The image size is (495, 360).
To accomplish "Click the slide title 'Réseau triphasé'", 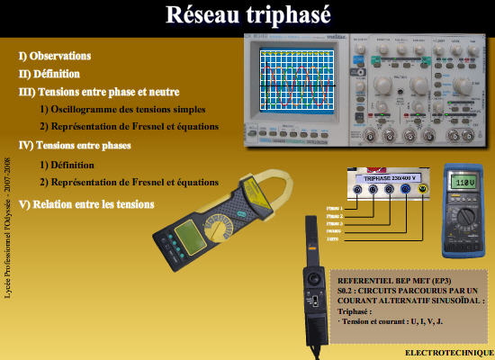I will pos(247,15).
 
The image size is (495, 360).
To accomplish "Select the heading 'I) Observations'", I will pos(55,56).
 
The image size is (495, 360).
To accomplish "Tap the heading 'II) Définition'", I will pos(49,74).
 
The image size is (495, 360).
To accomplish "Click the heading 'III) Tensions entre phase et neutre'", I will pos(99,92).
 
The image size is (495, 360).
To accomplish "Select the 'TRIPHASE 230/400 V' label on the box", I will pos(389,175).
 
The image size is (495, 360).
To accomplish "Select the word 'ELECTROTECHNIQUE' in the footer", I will pos(447,351).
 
